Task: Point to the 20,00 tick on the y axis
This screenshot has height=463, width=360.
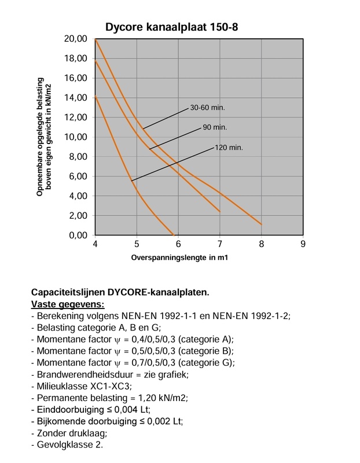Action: [78, 39]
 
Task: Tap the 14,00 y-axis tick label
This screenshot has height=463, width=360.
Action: [78, 98]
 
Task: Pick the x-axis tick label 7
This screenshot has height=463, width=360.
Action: [220, 244]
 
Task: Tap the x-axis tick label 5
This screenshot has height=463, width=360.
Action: [137, 244]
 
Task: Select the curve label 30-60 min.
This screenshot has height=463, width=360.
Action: [207, 108]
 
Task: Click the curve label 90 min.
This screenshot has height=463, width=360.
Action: [215, 127]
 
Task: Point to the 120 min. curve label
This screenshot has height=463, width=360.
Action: [229, 147]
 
